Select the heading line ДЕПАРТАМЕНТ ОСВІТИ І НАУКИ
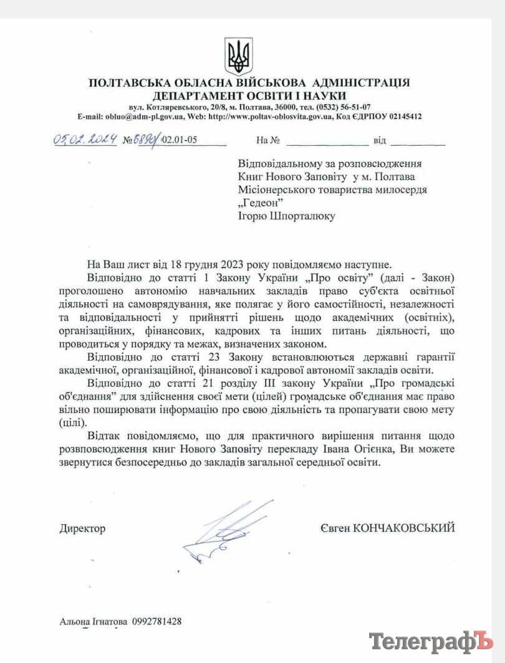[250, 95]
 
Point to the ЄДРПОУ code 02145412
[401, 117]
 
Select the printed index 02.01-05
[180, 140]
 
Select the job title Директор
[82, 528]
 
